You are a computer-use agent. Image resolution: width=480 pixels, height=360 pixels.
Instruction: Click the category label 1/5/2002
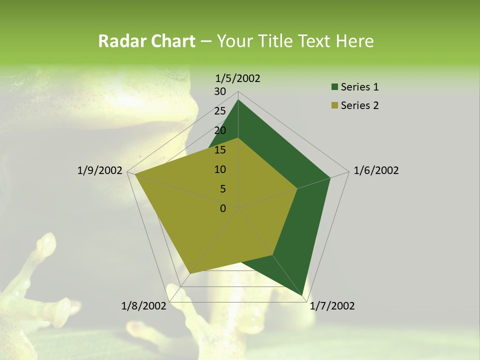(237, 78)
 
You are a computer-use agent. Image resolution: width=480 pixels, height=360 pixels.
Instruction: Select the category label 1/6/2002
(376, 170)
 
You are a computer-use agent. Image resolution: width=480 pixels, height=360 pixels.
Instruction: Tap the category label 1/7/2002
(332, 306)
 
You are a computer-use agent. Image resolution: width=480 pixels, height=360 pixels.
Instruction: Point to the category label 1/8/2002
(144, 306)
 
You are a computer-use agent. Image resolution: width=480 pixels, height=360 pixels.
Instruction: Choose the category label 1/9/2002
(100, 170)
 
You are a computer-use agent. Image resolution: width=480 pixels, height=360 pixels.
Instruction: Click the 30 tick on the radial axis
(220, 91)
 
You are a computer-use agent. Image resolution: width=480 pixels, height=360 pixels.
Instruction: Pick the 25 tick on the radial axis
(220, 111)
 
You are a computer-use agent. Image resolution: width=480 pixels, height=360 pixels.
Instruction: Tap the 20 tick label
(220, 130)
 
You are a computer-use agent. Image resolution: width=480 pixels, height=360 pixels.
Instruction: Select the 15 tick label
(220, 150)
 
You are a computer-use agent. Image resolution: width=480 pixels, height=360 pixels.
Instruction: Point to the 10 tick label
(220, 169)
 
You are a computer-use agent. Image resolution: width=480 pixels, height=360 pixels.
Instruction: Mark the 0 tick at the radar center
(223, 208)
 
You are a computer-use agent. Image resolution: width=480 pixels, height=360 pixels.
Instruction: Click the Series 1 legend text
(359, 87)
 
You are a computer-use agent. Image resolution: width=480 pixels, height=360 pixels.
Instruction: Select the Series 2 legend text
(359, 105)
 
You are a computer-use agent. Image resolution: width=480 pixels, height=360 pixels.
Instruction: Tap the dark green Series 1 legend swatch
(334, 87)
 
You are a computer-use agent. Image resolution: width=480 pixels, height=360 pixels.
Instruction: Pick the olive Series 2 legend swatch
(334, 105)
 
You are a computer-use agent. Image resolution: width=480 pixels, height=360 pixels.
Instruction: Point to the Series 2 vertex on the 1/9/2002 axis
(134, 174)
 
